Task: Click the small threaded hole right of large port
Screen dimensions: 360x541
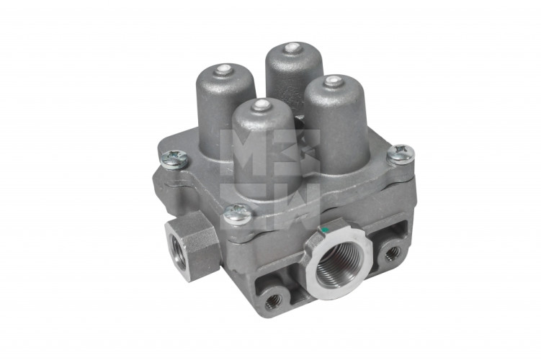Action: pyautogui.click(x=392, y=253)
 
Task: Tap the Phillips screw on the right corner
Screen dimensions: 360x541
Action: pyautogui.click(x=401, y=153)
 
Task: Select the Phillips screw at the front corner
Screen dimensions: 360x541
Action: pyautogui.click(x=236, y=213)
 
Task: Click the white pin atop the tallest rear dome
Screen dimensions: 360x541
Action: pyautogui.click(x=292, y=48)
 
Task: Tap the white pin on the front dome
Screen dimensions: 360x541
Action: pyautogui.click(x=262, y=105)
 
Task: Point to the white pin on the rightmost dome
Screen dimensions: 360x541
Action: pyautogui.click(x=333, y=81)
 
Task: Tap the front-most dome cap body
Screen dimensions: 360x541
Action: pyautogui.click(x=264, y=151)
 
